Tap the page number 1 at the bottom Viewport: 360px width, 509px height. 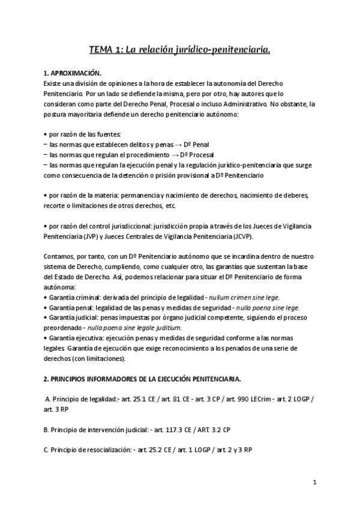314,482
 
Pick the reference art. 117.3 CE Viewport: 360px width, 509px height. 173,430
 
